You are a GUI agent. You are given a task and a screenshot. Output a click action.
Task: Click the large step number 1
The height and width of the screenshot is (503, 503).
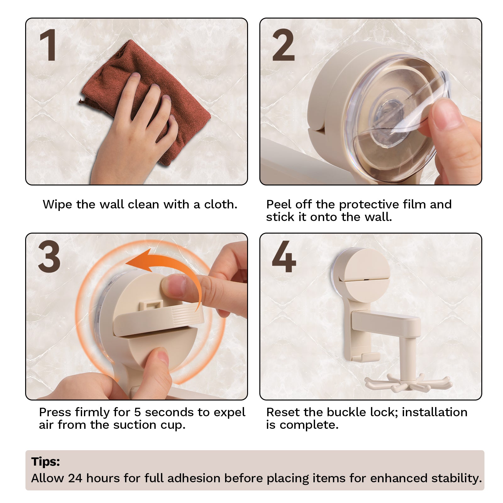point(48,45)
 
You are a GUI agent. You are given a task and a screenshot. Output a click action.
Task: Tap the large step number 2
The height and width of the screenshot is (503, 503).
point(283,45)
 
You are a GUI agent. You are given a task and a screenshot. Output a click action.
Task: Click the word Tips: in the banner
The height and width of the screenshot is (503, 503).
point(46,462)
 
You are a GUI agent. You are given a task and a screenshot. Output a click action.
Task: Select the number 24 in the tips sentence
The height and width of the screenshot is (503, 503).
point(75,478)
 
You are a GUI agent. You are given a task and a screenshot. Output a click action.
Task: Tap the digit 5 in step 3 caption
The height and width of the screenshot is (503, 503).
point(137,412)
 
